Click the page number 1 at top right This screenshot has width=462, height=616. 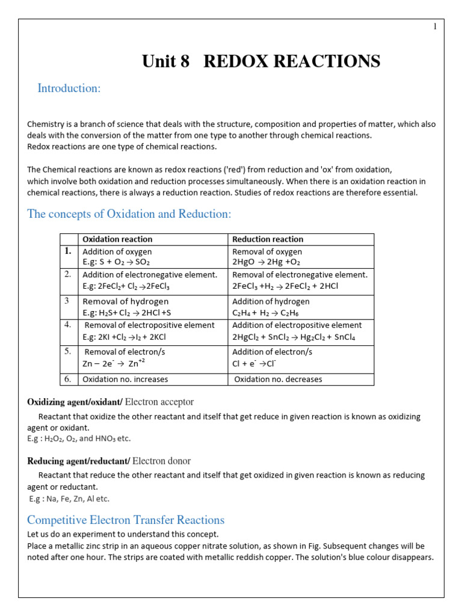(435, 26)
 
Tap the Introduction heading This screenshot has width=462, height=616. (69, 88)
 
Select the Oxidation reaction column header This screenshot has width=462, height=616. (117, 239)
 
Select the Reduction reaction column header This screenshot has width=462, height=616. (268, 239)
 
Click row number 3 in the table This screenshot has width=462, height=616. (68, 300)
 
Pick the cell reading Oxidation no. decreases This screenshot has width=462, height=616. (278, 379)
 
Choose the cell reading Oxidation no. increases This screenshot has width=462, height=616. (125, 379)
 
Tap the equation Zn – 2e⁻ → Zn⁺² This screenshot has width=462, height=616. (114, 363)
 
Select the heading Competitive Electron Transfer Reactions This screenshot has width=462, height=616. (126, 520)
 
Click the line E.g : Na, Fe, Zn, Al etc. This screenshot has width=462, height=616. (69, 499)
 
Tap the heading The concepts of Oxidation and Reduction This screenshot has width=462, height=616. (129, 214)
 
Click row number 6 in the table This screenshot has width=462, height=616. (68, 379)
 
